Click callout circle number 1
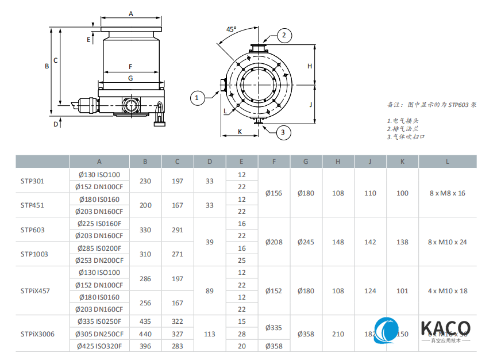tap(197, 98)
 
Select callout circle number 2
tap(283, 36)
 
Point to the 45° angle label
tap(231, 29)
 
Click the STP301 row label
tap(32, 181)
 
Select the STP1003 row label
tap(34, 254)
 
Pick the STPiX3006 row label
tap(37, 334)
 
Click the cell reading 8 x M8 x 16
tap(448, 193)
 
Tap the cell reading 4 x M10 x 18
tap(448, 291)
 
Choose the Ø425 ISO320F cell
tap(99, 346)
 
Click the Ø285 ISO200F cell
tap(99, 248)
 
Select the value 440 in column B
tap(145, 334)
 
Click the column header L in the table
tap(448, 162)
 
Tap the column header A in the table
tap(99, 162)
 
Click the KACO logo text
tap(445, 328)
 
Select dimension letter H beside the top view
tap(309, 66)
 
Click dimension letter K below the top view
tap(240, 132)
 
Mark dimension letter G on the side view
tap(130, 78)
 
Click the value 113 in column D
tap(210, 334)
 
